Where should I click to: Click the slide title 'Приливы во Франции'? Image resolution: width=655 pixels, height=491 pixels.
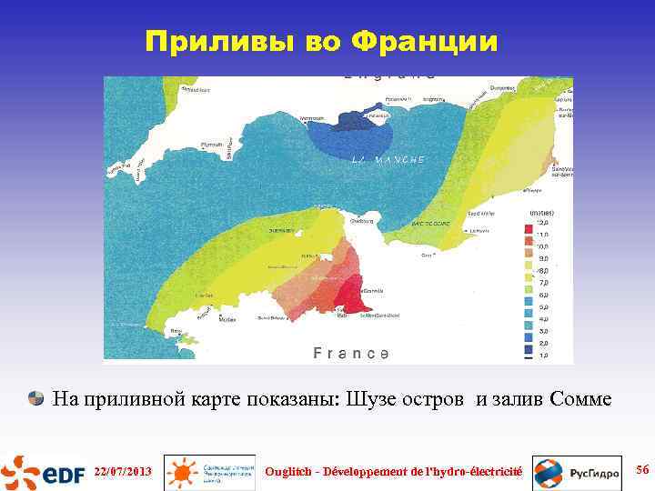(322, 42)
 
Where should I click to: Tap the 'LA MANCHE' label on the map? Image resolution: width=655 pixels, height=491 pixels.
(388, 160)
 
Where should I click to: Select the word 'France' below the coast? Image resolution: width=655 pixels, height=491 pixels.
(351, 353)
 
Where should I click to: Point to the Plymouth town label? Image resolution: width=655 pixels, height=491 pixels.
(211, 144)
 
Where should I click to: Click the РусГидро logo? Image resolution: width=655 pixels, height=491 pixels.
(578, 473)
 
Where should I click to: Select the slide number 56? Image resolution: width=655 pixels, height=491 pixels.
(641, 469)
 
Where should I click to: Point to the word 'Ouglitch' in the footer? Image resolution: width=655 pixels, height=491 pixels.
(287, 472)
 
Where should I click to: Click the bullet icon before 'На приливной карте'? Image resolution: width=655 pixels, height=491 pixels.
(36, 398)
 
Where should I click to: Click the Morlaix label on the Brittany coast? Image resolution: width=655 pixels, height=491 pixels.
(228, 319)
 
